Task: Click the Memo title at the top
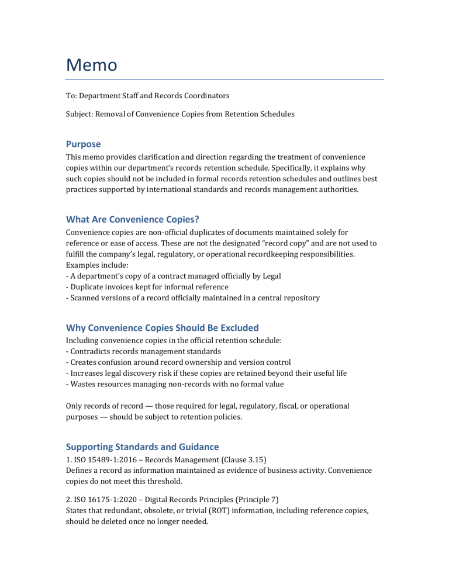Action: click(x=91, y=64)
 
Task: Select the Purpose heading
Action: click(x=83, y=144)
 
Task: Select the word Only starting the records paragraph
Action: click(x=74, y=405)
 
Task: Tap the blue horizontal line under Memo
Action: click(x=224, y=79)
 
